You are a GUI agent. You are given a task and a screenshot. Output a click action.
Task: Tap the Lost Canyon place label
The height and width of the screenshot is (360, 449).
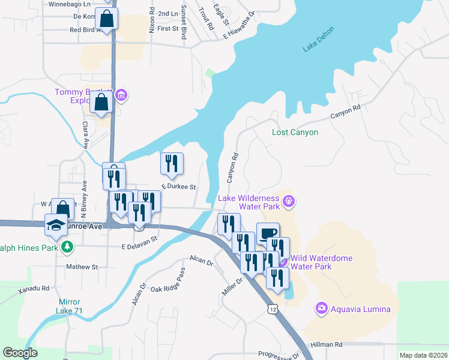(x=295, y=132)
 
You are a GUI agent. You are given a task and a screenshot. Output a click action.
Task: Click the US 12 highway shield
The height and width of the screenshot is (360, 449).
(x=273, y=308)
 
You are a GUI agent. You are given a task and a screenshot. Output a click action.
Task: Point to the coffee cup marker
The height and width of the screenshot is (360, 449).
(x=268, y=233)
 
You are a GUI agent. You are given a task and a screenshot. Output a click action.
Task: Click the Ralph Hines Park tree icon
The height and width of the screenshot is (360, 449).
(x=68, y=247)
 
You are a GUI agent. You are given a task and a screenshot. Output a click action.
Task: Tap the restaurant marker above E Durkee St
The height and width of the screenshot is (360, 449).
(x=172, y=163)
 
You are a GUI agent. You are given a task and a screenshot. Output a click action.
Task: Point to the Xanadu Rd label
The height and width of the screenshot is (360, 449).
(x=33, y=289)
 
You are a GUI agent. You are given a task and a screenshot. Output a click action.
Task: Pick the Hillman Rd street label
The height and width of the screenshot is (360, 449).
(x=326, y=345)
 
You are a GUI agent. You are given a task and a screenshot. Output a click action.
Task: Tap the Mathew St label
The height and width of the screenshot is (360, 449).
(x=82, y=266)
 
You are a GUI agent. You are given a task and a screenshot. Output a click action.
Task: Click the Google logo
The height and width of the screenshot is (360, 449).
(x=20, y=353)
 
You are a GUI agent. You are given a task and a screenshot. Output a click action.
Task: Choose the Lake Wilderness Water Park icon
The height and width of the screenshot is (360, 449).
(x=289, y=200)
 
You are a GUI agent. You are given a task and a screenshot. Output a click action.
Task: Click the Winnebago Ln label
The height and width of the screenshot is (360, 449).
(x=66, y=3)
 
